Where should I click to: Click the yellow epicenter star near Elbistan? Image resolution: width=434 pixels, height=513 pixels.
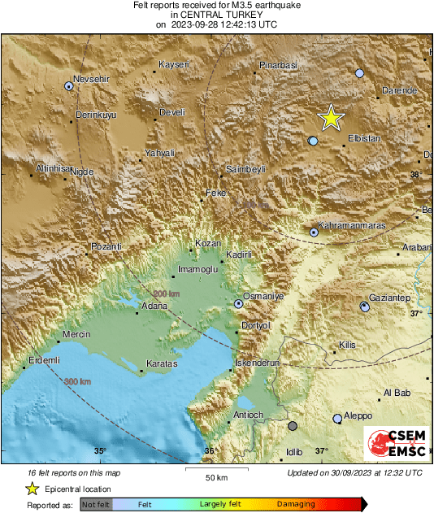[330, 118]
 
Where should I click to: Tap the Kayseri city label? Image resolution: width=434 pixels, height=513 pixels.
[173, 64]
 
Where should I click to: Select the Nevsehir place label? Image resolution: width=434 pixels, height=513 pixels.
[90, 79]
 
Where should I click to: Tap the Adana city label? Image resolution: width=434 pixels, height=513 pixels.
[154, 306]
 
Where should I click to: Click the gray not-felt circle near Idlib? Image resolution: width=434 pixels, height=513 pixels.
[293, 425]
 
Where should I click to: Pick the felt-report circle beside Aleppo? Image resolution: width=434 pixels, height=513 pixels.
[337, 419]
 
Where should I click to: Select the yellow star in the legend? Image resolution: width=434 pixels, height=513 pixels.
[32, 489]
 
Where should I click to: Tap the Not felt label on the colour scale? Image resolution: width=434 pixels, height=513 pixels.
[96, 505]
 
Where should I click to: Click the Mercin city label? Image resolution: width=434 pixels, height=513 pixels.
[76, 333]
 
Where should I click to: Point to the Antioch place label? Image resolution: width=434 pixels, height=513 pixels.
[249, 415]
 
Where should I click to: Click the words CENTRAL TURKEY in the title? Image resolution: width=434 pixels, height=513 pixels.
[216, 15]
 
